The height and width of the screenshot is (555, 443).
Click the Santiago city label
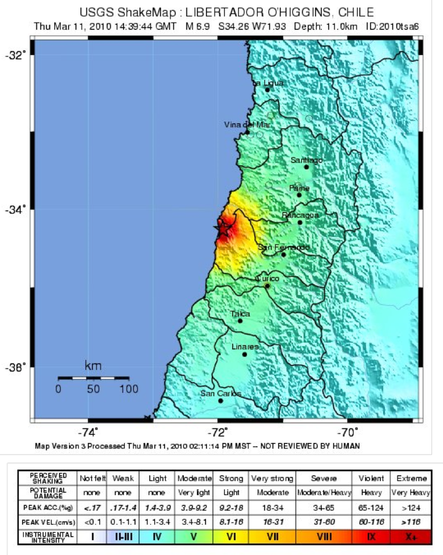(x=306, y=160)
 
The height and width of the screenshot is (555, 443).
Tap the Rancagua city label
(x=300, y=215)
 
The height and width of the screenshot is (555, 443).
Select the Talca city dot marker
(x=240, y=321)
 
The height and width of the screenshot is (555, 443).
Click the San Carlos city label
(x=220, y=394)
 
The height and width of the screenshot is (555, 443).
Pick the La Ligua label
(x=268, y=83)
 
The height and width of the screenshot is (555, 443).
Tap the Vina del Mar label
(x=247, y=125)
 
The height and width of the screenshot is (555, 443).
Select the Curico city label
(x=268, y=278)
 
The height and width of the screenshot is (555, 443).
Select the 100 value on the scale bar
(x=129, y=389)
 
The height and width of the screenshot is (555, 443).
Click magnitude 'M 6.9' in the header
(x=197, y=26)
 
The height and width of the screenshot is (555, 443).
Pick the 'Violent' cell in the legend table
(x=369, y=478)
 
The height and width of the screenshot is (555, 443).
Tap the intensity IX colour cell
(x=369, y=535)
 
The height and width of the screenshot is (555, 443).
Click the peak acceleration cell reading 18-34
(x=272, y=507)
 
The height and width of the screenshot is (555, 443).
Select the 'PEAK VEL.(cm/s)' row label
(x=44, y=522)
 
